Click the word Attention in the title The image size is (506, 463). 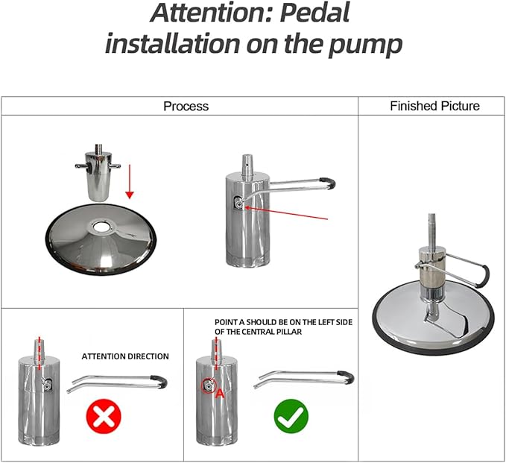point(206,12)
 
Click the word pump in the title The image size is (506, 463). point(365,45)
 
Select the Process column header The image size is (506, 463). point(186,106)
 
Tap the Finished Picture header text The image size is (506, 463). point(434,106)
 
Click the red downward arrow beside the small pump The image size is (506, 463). point(130,181)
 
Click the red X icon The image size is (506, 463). point(104,416)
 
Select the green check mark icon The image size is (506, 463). point(291,416)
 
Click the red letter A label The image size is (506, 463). point(220,394)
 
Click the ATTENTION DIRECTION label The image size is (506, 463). point(125,356)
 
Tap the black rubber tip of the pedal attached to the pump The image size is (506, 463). point(328,183)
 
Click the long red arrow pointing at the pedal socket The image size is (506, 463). point(286,213)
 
